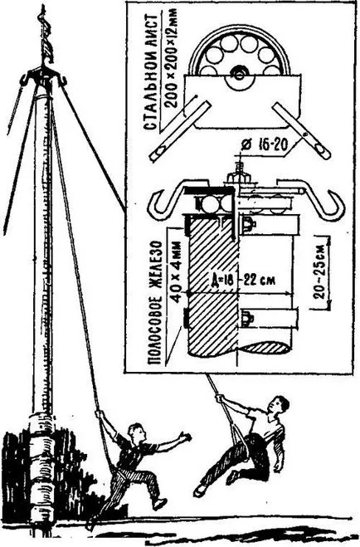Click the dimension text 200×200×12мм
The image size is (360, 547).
tap(170, 57)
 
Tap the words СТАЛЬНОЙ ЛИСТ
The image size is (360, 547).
tap(151, 72)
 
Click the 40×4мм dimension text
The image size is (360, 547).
tap(178, 271)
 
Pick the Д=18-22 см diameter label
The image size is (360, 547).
tap(243, 280)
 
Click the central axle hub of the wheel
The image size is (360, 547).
tap(239, 75)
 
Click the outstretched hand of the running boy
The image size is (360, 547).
tap(184, 437)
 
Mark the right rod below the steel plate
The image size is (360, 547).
tap(301, 130)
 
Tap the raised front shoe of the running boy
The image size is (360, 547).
tap(158, 503)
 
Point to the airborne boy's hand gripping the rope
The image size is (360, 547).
tap(219, 398)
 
